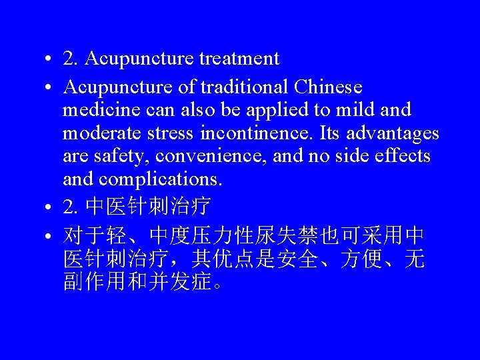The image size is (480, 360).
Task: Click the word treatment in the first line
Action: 239,59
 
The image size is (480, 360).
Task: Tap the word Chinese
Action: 327,87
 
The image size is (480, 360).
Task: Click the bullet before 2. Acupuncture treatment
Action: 51,60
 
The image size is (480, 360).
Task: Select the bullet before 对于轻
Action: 51,237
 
